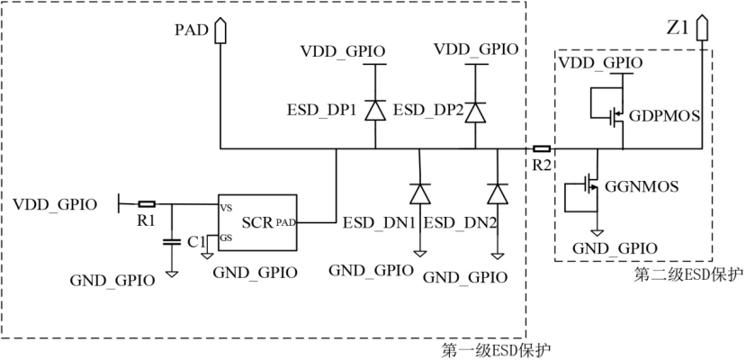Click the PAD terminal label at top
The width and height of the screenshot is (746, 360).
point(191,31)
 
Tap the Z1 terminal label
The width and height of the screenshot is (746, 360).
point(677,28)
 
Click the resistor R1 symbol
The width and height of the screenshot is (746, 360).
point(146,204)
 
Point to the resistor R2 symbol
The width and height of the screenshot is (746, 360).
point(542,148)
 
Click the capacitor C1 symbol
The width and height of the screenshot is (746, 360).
point(171,241)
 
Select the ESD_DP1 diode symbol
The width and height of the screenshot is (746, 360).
point(375,109)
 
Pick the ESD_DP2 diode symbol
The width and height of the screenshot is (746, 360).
point(474,110)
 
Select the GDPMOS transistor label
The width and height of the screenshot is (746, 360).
point(667,116)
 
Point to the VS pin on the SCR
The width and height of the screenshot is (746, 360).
point(226,207)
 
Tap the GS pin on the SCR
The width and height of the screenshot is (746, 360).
point(225,238)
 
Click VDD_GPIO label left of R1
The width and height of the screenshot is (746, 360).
point(56,204)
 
